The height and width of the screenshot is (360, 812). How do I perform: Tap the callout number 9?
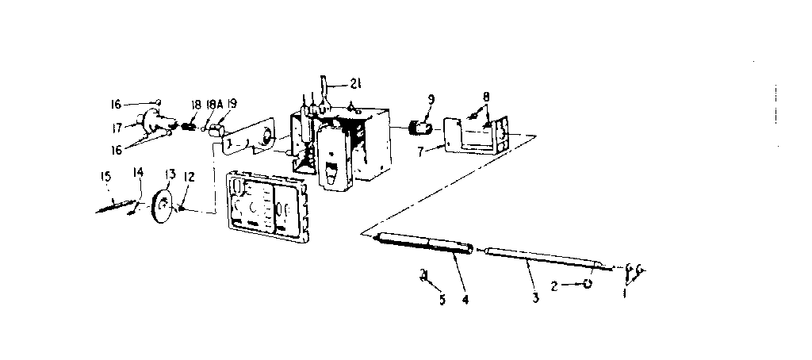click(431, 101)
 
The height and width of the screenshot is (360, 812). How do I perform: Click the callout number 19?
click(232, 104)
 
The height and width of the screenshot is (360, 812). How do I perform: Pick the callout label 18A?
click(213, 104)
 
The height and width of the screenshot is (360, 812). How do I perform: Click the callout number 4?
click(466, 300)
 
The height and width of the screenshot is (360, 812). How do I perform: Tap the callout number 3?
click(536, 299)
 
